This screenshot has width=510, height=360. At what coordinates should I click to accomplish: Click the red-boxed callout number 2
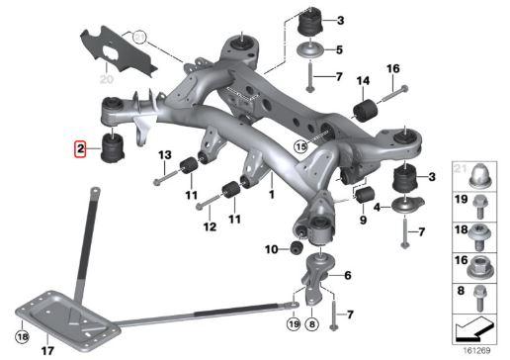point(80,150)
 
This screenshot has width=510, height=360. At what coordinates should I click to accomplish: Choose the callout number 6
point(347,275)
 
